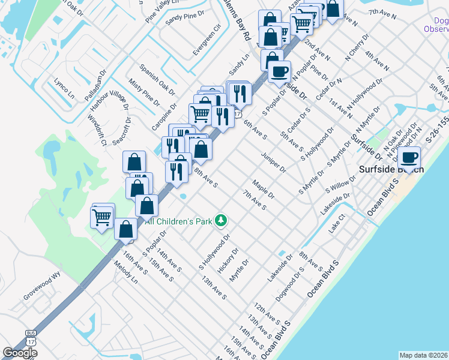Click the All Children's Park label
[178, 221]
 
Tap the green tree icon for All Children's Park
[221, 221]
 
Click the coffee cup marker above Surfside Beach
[409, 158]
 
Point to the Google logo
[20, 353]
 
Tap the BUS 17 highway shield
[31, 337]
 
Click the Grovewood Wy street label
[43, 286]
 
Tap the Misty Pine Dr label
[144, 92]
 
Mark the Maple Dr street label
[263, 189]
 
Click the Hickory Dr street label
[228, 259]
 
